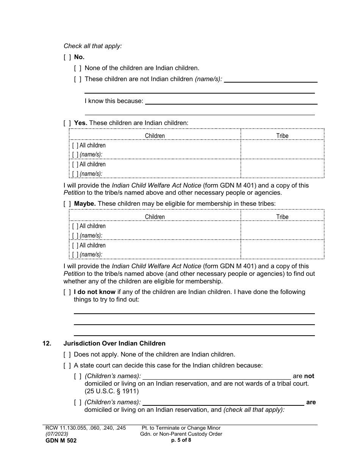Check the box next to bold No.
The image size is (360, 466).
67,57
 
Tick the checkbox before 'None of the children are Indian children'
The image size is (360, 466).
78,68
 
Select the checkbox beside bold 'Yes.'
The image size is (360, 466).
67,123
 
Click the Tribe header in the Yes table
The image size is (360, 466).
282,136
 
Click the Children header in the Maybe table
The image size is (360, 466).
155,217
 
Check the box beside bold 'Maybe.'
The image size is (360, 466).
67,204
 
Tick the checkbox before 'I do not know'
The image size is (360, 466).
67,292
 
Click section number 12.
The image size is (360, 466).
47,344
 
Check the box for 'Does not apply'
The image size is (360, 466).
67,355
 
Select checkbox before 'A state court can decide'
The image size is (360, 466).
67,366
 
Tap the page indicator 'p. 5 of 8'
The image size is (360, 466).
181,440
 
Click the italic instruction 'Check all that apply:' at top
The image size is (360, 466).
92,46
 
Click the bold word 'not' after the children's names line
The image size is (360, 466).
309,376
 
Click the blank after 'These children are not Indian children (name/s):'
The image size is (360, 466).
271,80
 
